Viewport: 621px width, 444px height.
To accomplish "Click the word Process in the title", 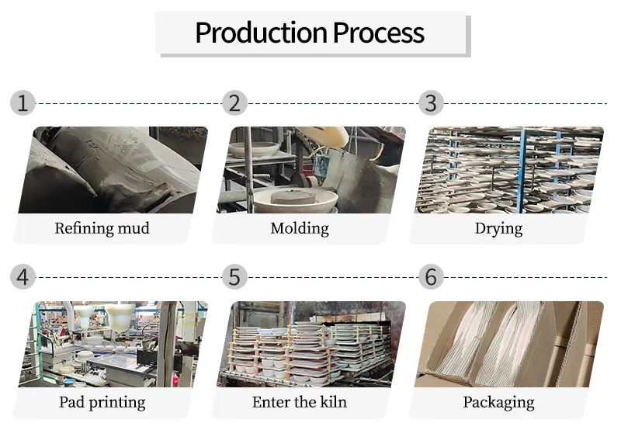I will pos(379,33).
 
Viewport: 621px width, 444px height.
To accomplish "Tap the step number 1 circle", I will pos(23,102).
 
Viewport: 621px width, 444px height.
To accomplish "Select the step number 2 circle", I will pos(234,102).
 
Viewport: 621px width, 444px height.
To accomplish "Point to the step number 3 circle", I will pos(431,102).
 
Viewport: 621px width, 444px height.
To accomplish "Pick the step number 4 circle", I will pos(23,276).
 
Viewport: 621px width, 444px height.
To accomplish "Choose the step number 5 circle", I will pos(234,276).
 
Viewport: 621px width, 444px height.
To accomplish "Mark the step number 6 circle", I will pos(431,276).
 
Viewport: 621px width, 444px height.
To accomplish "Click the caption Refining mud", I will pos(102,228).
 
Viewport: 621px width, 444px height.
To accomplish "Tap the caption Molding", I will pos(300,228).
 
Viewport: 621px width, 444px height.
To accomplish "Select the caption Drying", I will pos(498,228).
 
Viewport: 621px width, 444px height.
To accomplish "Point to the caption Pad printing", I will pos(102,402).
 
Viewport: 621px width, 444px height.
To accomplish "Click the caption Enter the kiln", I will pos(300,402).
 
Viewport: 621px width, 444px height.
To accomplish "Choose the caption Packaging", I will pos(498,402).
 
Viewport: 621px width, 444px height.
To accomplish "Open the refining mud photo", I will pos(113,170).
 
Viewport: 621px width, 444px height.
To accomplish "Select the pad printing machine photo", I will pos(113,344).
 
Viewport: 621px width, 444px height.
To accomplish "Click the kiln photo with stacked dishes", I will pos(310,344).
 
